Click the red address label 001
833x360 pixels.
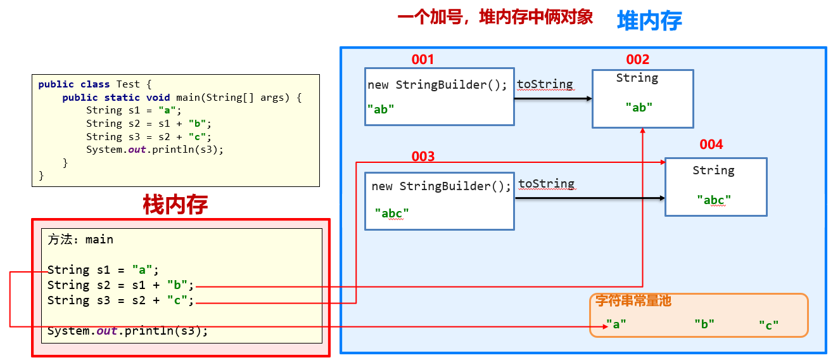tap(423, 60)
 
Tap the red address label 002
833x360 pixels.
tap(638, 60)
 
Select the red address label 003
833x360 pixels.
tap(423, 157)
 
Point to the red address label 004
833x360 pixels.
tap(711, 145)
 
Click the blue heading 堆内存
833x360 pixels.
tap(649, 21)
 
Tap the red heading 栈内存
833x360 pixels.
tap(175, 204)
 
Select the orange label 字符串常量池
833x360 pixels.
tap(633, 301)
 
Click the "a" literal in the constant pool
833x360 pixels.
tap(616, 324)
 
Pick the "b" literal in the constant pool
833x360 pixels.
tap(704, 324)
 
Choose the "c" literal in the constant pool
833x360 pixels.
tap(768, 325)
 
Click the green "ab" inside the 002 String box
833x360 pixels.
tap(639, 107)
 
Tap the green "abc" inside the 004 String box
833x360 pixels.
tap(714, 200)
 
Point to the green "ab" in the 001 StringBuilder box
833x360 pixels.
tap(380, 109)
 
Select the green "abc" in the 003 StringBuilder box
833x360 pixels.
tap(391, 213)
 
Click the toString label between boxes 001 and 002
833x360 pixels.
tap(545, 84)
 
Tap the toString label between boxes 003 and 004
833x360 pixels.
tap(546, 184)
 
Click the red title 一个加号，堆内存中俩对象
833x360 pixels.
tap(495, 17)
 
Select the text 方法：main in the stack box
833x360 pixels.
tap(80, 240)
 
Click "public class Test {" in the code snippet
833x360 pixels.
tap(95, 84)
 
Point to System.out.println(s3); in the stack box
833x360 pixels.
tap(127, 330)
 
